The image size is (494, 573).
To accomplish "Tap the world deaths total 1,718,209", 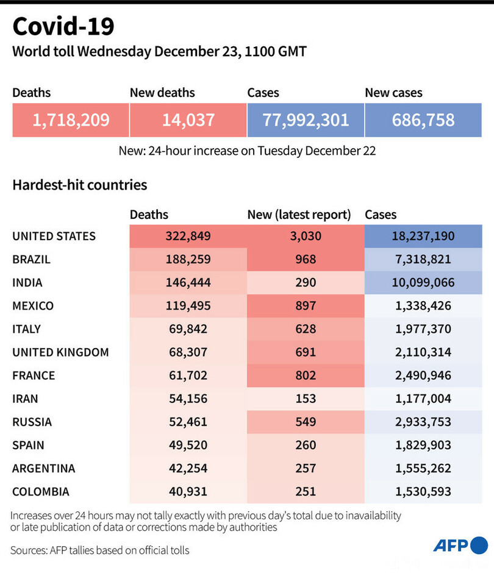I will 71,119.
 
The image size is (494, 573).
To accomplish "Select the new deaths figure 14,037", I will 188,119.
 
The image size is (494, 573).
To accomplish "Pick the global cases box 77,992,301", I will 306,119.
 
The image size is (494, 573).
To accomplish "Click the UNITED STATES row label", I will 54,236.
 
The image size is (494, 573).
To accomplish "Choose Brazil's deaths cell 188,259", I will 188,259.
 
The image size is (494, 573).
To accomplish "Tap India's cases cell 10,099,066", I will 423,282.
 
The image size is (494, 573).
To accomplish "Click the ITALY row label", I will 26,329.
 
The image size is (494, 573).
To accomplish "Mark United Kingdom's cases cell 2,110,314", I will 423,352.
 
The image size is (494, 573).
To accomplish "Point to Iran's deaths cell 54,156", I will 188,399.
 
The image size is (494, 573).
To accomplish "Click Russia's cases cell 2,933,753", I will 423,422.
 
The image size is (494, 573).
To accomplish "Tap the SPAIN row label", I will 28,445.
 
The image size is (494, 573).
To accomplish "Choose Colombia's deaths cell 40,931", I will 188,491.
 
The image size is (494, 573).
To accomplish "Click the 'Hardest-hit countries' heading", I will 79,184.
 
